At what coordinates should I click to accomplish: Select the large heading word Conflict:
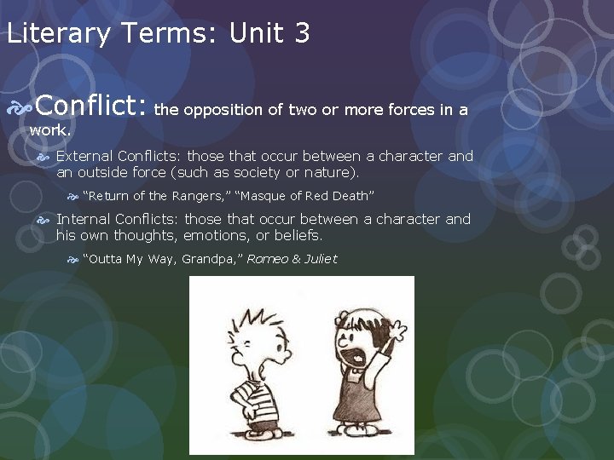pos(93,107)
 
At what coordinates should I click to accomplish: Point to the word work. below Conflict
pos(49,132)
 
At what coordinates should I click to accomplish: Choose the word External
pos(84,156)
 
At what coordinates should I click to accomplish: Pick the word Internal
pos(84,219)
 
